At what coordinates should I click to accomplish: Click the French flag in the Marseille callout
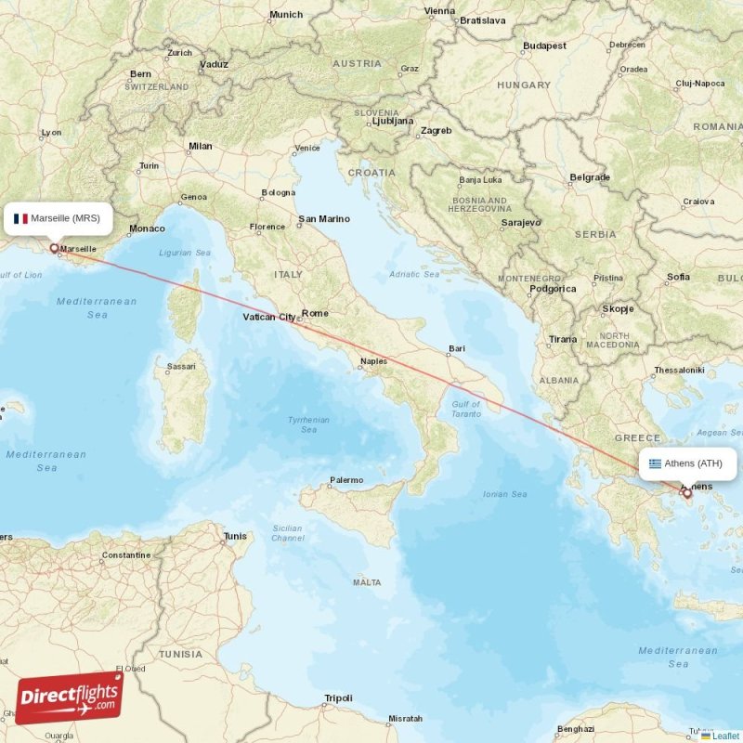click(20, 219)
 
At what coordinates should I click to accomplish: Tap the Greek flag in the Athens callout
click(656, 463)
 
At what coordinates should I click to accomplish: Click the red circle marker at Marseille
click(54, 248)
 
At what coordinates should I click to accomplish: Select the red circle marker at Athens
click(688, 493)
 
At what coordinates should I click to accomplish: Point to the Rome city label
click(315, 313)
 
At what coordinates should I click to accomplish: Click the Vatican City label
click(268, 318)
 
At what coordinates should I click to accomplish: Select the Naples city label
click(373, 361)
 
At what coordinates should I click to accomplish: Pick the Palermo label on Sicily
click(346, 480)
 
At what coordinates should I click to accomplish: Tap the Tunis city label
click(236, 536)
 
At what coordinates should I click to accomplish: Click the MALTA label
click(367, 582)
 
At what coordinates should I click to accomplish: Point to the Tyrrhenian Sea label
click(308, 424)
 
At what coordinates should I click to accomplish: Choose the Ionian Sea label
click(505, 494)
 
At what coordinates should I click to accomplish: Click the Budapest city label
click(544, 46)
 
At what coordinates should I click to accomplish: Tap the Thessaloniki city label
click(679, 370)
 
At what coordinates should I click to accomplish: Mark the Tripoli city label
click(338, 698)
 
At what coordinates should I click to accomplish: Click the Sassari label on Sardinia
click(181, 367)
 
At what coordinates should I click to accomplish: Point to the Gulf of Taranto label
click(465, 410)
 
